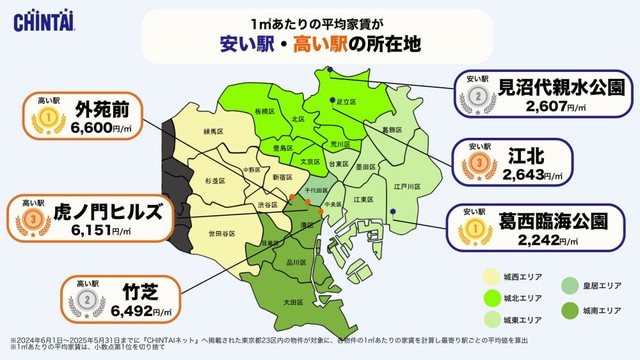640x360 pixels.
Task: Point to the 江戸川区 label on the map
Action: (x=404, y=185)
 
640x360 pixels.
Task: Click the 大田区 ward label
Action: (x=292, y=300)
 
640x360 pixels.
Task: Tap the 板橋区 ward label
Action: (x=264, y=110)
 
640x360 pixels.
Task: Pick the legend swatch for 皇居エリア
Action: (x=568, y=285)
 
